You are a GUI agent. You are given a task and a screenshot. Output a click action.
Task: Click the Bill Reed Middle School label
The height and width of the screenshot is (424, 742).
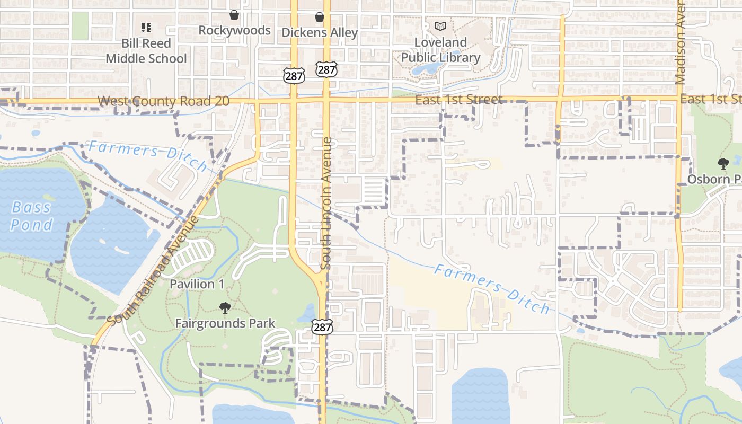point(146,51)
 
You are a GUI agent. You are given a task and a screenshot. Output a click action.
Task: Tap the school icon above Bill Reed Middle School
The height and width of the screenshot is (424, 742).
point(146,27)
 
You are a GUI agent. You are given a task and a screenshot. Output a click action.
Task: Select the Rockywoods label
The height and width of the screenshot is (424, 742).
point(234,31)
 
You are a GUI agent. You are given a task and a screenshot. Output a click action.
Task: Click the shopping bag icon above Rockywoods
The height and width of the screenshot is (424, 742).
point(234,15)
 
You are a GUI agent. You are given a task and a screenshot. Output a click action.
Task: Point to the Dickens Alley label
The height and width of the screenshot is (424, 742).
point(320,33)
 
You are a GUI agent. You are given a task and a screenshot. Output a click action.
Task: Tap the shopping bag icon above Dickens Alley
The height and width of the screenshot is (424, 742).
point(320,17)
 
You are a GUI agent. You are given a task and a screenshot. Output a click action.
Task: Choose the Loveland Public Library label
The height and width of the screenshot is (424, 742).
point(440,50)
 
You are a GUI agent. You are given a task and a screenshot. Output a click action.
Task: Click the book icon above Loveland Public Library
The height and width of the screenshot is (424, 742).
point(440,26)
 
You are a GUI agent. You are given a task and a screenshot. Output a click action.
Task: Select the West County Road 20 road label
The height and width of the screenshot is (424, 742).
point(163,101)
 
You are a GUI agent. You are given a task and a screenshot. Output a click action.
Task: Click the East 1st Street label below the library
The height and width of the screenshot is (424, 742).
point(458,100)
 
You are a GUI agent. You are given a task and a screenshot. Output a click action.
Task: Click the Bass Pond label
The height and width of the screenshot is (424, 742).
point(32,216)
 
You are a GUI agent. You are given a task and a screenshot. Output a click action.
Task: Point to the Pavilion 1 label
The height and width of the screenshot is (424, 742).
point(197,284)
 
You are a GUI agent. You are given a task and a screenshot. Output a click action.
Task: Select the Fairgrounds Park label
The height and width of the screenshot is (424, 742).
point(225,323)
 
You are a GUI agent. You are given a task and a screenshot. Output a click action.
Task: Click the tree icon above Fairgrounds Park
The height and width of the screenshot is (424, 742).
point(225,307)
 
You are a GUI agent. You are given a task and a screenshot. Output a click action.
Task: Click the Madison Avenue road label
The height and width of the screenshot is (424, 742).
point(681,42)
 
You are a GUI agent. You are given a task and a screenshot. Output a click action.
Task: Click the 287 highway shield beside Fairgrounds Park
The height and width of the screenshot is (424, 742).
point(322,326)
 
